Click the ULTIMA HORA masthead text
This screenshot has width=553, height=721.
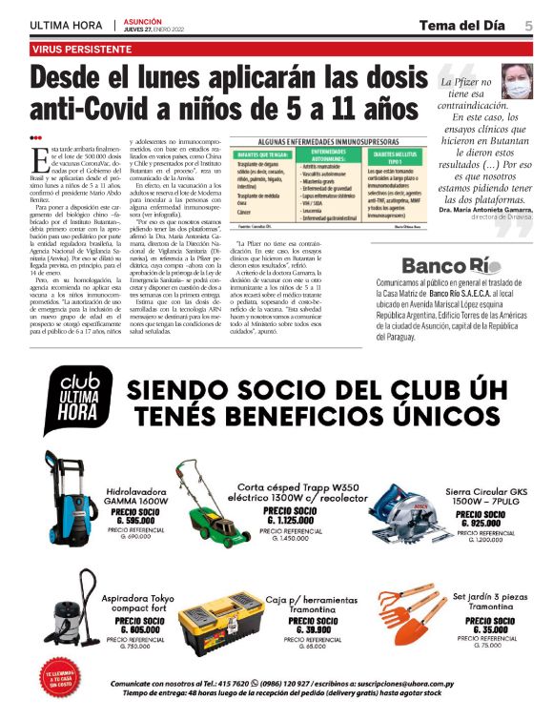tap(65, 26)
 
